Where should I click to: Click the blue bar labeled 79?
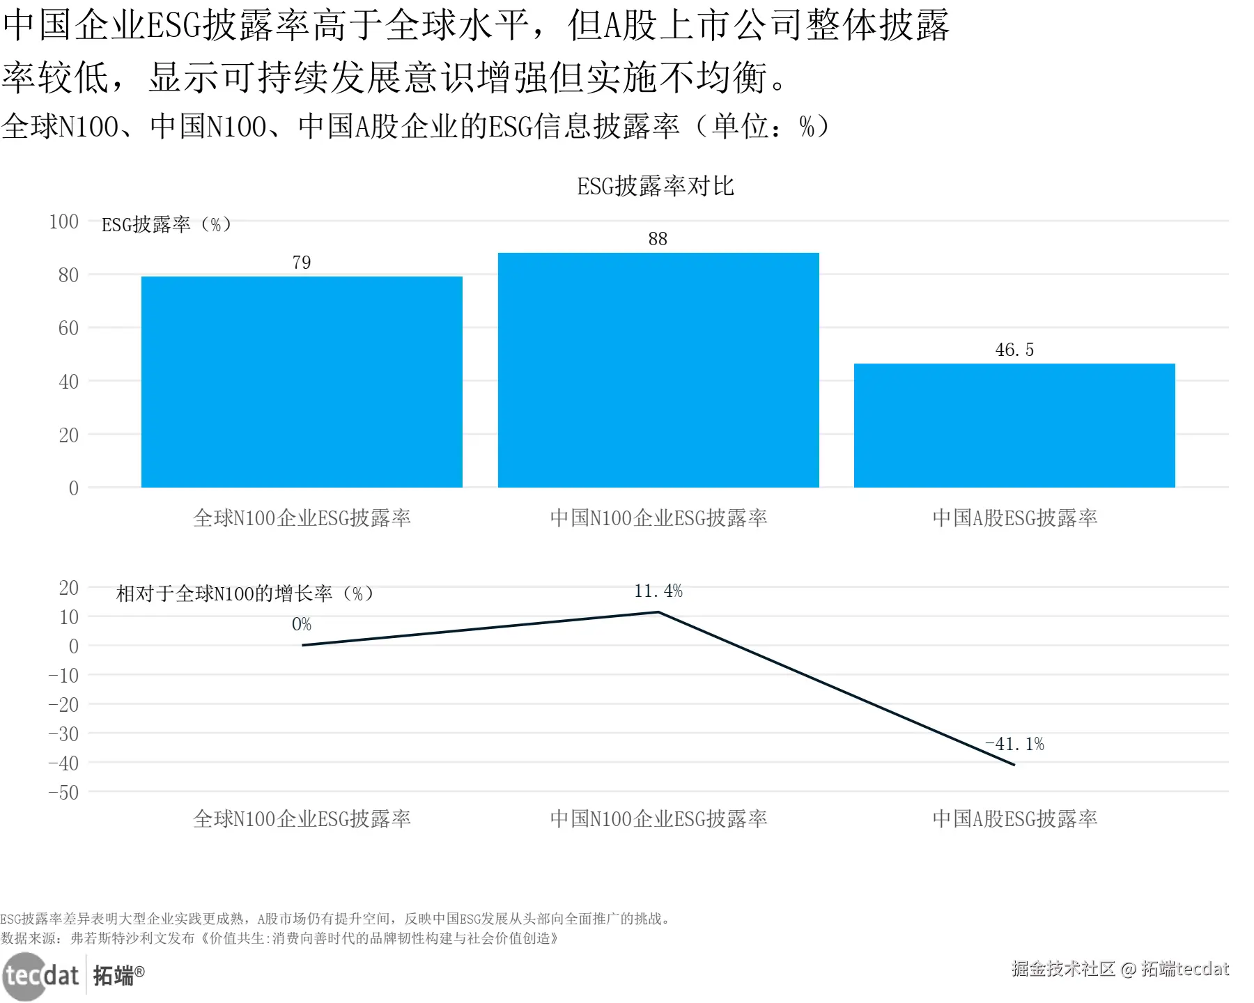click(x=302, y=382)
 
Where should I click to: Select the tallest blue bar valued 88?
click(x=658, y=370)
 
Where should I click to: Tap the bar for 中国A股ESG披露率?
click(x=1014, y=425)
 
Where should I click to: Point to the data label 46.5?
click(x=1014, y=350)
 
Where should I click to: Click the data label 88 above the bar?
click(x=658, y=239)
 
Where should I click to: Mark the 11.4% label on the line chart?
click(x=658, y=591)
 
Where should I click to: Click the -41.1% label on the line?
click(x=1015, y=744)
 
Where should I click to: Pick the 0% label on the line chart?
click(x=302, y=624)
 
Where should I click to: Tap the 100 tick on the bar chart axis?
click(x=64, y=221)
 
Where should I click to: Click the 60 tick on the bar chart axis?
click(x=68, y=328)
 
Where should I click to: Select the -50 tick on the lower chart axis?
click(x=63, y=793)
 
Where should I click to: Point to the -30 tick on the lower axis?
click(x=63, y=734)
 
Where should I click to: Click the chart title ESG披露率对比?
click(x=656, y=186)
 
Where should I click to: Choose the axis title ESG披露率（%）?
click(x=167, y=224)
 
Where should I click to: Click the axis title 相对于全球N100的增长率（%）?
click(x=245, y=593)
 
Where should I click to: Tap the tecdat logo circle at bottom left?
click(x=25, y=976)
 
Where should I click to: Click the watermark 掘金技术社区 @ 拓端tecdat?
click(x=1120, y=969)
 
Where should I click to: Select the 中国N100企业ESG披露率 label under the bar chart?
click(x=658, y=518)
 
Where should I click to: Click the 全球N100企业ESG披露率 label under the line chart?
click(x=302, y=818)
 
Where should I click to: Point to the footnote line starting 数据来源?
click(x=279, y=938)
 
